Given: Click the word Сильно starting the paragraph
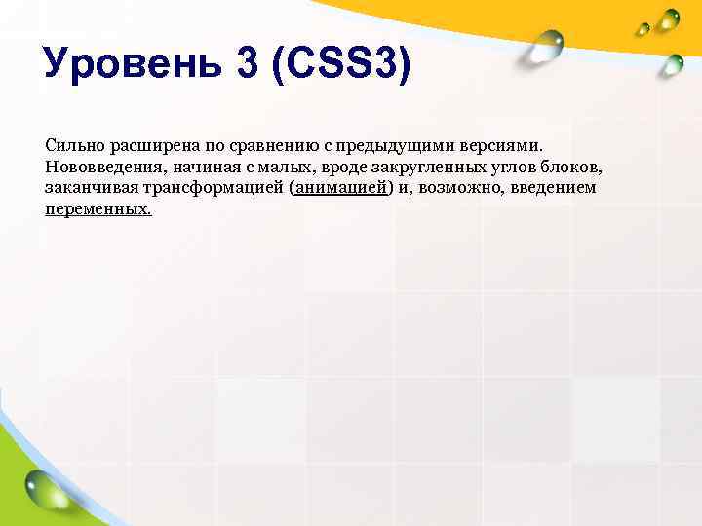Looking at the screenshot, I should click(x=72, y=145).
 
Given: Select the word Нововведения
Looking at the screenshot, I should click(x=102, y=167).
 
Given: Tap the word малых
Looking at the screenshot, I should click(x=280, y=167).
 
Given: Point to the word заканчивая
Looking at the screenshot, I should click(x=90, y=188).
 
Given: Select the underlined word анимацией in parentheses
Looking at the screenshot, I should click(x=341, y=188).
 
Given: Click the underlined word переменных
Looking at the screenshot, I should click(x=97, y=209).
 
